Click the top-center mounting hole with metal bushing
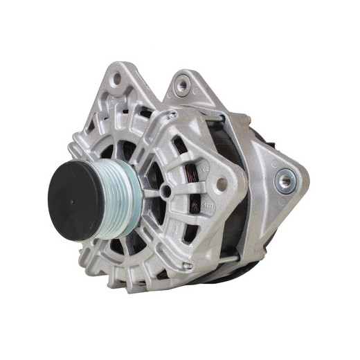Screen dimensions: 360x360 coord(183,86)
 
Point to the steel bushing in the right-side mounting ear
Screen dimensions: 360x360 coord(283,182)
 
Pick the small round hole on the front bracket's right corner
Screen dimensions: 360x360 coord(222,184)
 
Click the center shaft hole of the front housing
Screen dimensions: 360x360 coord(165,190)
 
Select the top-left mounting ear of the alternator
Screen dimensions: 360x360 coord(118,83)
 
